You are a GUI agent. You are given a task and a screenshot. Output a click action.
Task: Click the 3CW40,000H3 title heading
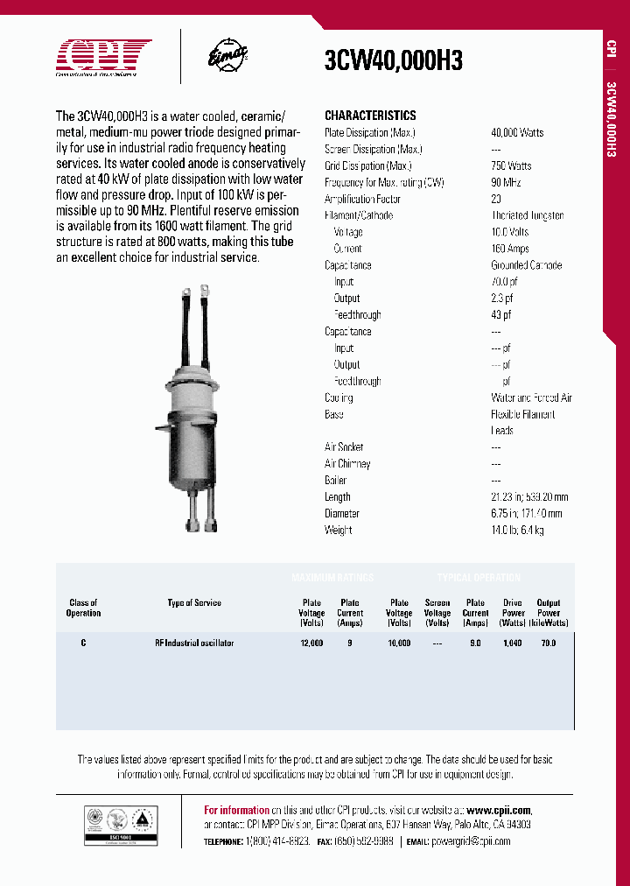coord(393,60)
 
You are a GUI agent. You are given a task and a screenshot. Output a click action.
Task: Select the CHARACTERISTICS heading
coord(370,116)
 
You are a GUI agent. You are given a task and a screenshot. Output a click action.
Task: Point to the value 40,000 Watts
coord(517,132)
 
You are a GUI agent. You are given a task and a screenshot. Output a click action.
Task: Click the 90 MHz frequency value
coord(506,182)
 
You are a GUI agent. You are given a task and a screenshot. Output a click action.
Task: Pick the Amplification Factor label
coord(362,199)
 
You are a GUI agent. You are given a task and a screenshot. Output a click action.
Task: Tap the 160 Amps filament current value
coord(510,249)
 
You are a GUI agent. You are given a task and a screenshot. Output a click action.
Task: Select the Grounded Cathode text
coord(526,265)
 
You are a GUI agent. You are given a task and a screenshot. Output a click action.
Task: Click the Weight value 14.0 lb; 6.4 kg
coord(519,531)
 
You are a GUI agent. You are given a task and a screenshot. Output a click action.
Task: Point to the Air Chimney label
coord(347,464)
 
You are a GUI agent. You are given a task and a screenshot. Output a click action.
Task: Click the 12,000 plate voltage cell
coord(311,643)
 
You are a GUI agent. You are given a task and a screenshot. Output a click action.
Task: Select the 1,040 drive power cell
coord(512,643)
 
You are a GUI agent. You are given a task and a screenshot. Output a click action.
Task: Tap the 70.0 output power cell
coord(549,643)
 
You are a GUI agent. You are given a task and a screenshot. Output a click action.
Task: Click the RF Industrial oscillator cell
coord(194,643)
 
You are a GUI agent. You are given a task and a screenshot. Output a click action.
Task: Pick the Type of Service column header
coord(194,603)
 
